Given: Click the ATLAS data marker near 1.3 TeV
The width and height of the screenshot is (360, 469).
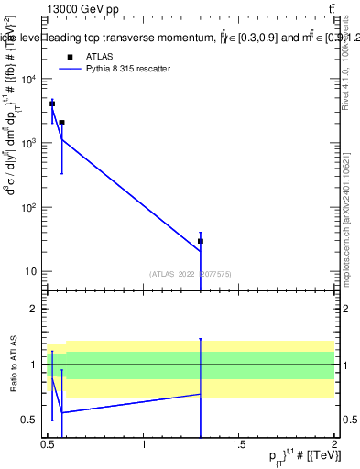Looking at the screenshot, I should pyautogui.click(x=200, y=241).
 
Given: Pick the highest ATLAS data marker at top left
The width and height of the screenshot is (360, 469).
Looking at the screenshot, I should pyautogui.click(x=52, y=104).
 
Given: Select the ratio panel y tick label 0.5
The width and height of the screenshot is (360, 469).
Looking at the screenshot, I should pyautogui.click(x=29, y=420).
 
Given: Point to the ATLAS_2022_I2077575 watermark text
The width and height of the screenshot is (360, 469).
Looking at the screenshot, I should pyautogui.click(x=191, y=273).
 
